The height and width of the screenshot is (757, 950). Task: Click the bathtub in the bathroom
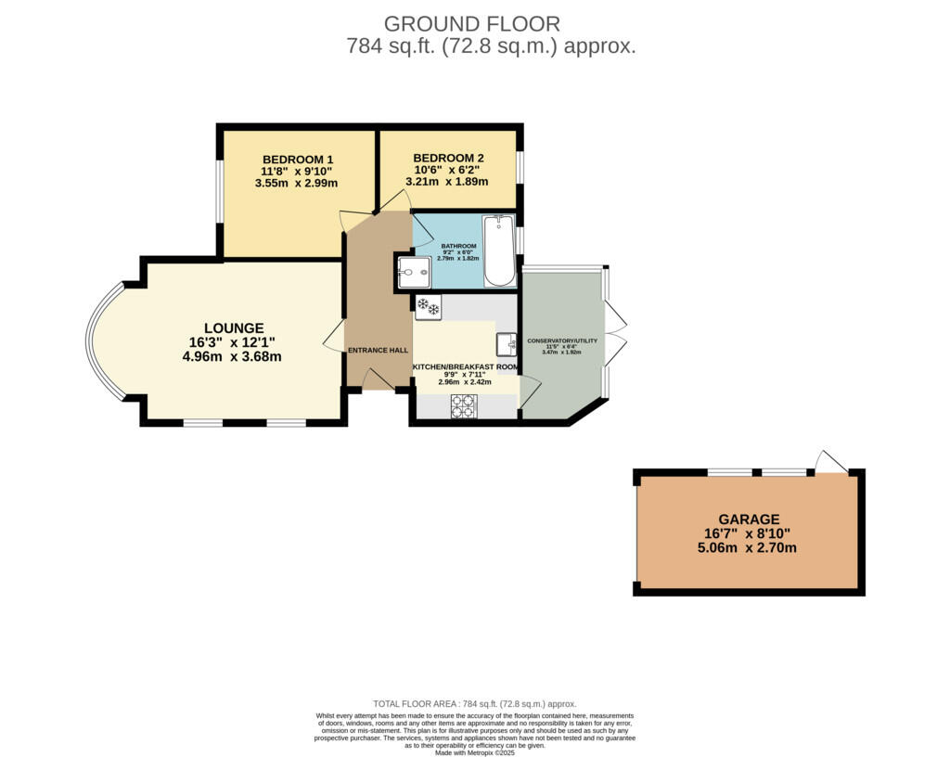[499, 251]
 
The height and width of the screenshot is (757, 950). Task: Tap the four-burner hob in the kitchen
[464, 406]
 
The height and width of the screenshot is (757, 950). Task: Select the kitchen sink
[507, 344]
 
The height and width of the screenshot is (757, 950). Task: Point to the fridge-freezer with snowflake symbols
[428, 307]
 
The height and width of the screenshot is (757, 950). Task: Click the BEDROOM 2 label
[448, 158]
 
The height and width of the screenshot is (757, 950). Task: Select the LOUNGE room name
[234, 328]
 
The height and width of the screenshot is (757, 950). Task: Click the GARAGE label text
[748, 520]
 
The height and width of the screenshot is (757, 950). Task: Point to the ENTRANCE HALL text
[378, 351]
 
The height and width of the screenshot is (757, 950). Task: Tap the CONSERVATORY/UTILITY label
[562, 341]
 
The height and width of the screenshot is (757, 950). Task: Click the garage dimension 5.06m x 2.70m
[747, 547]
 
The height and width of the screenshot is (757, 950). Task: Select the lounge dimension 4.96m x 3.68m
[234, 356]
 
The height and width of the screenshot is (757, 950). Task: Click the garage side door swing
[831, 461]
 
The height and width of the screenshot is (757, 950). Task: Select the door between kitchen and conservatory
[529, 392]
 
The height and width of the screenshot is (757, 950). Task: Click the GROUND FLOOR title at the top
[471, 23]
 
